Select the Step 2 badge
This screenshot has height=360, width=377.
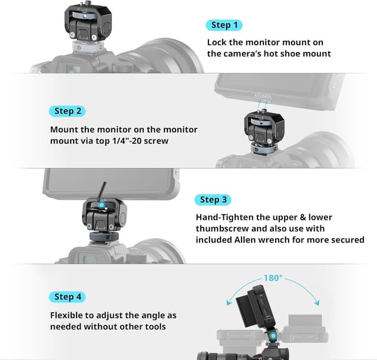tap(68, 111)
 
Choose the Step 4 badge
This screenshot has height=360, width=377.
tap(68, 296)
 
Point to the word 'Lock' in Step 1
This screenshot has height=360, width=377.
tap(217, 42)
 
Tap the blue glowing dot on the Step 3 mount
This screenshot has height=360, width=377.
tap(103, 206)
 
